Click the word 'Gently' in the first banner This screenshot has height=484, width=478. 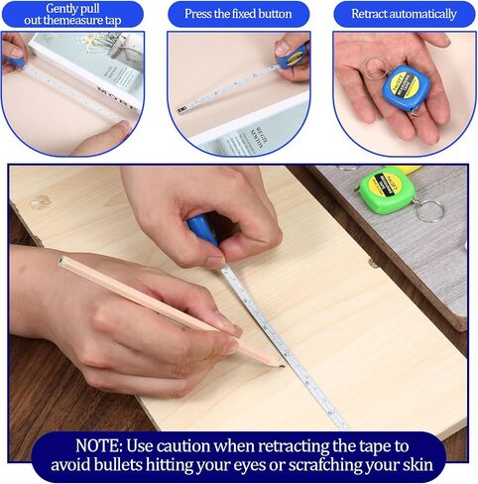[x=61, y=9]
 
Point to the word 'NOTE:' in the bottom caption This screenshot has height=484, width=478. [x=99, y=445]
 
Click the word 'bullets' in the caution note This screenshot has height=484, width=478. [x=118, y=464]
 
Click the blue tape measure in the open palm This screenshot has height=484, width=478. [x=407, y=87]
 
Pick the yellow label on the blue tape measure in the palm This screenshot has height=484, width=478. [x=408, y=84]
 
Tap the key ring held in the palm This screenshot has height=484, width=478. [x=377, y=68]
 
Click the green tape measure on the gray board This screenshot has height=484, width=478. [x=388, y=190]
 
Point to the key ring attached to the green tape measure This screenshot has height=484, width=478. [x=428, y=210]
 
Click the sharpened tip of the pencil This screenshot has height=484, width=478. [x=282, y=366]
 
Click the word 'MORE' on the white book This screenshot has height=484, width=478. [x=117, y=98]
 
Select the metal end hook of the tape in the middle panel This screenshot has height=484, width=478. [x=180, y=110]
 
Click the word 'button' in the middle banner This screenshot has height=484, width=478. [x=276, y=14]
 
